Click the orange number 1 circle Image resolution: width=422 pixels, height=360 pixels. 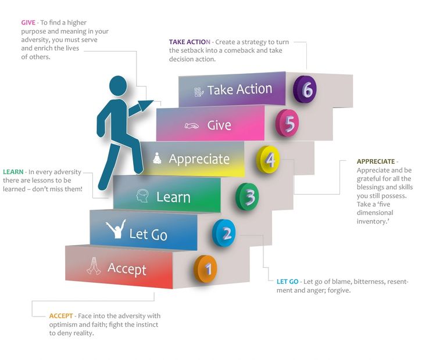pyautogui.click(x=207, y=269)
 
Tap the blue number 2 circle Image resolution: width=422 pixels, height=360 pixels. pyautogui.click(x=225, y=233)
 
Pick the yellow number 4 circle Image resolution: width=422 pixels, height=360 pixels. pyautogui.click(x=269, y=159)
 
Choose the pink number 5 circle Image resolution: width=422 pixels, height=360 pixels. pyautogui.click(x=288, y=123)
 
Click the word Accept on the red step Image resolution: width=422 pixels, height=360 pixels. pyautogui.click(x=127, y=269)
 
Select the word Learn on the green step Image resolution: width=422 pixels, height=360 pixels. pyautogui.click(x=173, y=197)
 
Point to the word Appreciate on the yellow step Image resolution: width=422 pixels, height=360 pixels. pyautogui.click(x=199, y=159)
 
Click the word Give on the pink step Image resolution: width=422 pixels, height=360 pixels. pyautogui.click(x=219, y=125)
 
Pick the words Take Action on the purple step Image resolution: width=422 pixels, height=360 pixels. pyautogui.click(x=239, y=89)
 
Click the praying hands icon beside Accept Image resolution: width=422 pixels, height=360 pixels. pyautogui.click(x=93, y=267)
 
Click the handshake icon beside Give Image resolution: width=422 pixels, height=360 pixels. pyautogui.click(x=192, y=125)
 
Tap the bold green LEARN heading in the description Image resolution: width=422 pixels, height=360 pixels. pyautogui.click(x=13, y=172)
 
